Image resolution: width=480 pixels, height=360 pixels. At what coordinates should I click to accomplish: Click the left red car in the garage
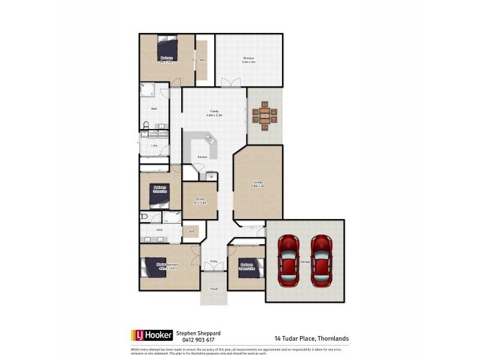[x=288, y=260]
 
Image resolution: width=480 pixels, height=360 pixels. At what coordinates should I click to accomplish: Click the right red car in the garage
[x=322, y=260]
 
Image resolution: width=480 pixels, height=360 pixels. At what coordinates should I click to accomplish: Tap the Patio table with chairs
[x=264, y=115]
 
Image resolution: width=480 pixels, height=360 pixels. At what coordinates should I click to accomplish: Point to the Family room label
[x=214, y=112]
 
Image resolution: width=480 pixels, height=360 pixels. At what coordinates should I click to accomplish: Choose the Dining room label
[x=199, y=200]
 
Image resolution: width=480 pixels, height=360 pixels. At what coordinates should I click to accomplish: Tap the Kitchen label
[x=203, y=157]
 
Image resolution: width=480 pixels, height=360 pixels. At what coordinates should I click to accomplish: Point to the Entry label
[x=214, y=262]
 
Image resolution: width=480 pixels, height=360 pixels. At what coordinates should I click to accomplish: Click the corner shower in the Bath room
[x=147, y=91]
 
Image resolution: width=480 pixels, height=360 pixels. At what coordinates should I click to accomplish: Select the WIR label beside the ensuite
[x=191, y=231]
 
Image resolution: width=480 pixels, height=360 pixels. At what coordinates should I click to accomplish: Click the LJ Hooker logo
[x=152, y=335]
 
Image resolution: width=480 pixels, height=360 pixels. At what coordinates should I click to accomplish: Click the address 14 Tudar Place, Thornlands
[x=311, y=338]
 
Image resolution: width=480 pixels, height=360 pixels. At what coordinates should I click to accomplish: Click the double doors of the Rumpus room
[x=230, y=83]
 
